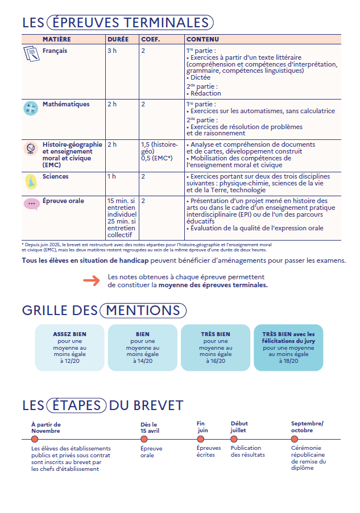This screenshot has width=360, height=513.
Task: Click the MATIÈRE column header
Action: click(56, 39)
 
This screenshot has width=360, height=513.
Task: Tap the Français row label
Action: click(55, 51)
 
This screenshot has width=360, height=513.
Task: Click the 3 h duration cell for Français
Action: click(112, 51)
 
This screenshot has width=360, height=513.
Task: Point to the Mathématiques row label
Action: click(65, 104)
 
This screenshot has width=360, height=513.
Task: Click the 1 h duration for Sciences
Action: click(112, 176)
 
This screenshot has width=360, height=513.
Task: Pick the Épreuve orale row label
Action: click(63, 201)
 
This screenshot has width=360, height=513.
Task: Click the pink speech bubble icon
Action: click(31, 204)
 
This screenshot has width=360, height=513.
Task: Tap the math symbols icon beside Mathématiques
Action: click(31, 108)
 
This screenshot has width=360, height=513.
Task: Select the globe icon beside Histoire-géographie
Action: click(31, 148)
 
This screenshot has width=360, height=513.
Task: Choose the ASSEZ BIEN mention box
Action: click(69, 347)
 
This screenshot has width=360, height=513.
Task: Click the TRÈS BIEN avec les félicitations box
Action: click(288, 347)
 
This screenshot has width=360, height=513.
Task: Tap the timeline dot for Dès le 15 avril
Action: click(144, 439)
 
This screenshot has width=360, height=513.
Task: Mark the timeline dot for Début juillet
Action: click(234, 439)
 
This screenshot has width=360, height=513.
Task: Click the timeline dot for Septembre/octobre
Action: click(295, 439)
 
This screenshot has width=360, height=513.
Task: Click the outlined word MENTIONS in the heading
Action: click(142, 311)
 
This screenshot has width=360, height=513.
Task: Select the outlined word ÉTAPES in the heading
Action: click(77, 406)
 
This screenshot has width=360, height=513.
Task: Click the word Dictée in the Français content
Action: click(200, 77)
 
